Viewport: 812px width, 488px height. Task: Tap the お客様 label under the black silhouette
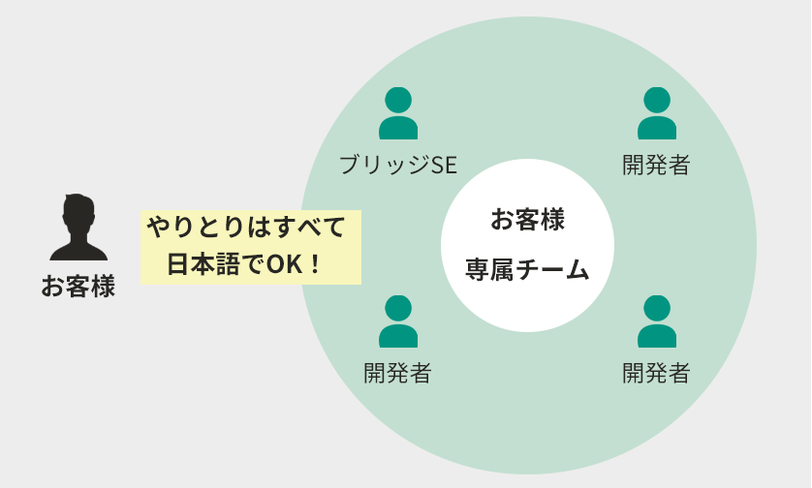click(78, 287)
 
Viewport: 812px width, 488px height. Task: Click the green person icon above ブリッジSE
click(398, 113)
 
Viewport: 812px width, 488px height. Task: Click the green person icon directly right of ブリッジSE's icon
click(657, 113)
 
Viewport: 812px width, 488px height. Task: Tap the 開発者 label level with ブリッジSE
click(656, 165)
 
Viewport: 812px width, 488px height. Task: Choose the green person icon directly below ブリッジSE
click(398, 321)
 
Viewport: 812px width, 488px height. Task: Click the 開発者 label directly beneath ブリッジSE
click(397, 372)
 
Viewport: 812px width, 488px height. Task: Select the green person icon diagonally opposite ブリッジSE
click(657, 321)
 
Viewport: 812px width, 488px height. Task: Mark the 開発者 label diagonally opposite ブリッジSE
click(656, 372)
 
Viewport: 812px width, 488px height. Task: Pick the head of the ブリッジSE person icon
click(398, 99)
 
